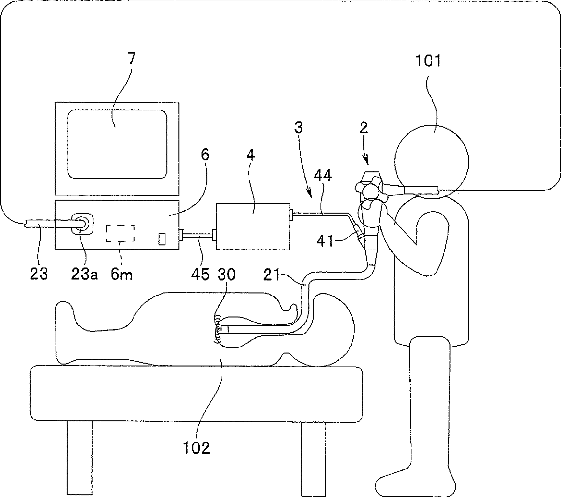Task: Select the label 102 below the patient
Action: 196,447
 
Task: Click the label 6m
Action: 122,274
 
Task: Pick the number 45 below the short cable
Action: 200,274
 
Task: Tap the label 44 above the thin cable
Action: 323,176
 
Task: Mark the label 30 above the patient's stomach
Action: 226,274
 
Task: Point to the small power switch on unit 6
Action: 162,239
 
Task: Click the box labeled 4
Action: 253,226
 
